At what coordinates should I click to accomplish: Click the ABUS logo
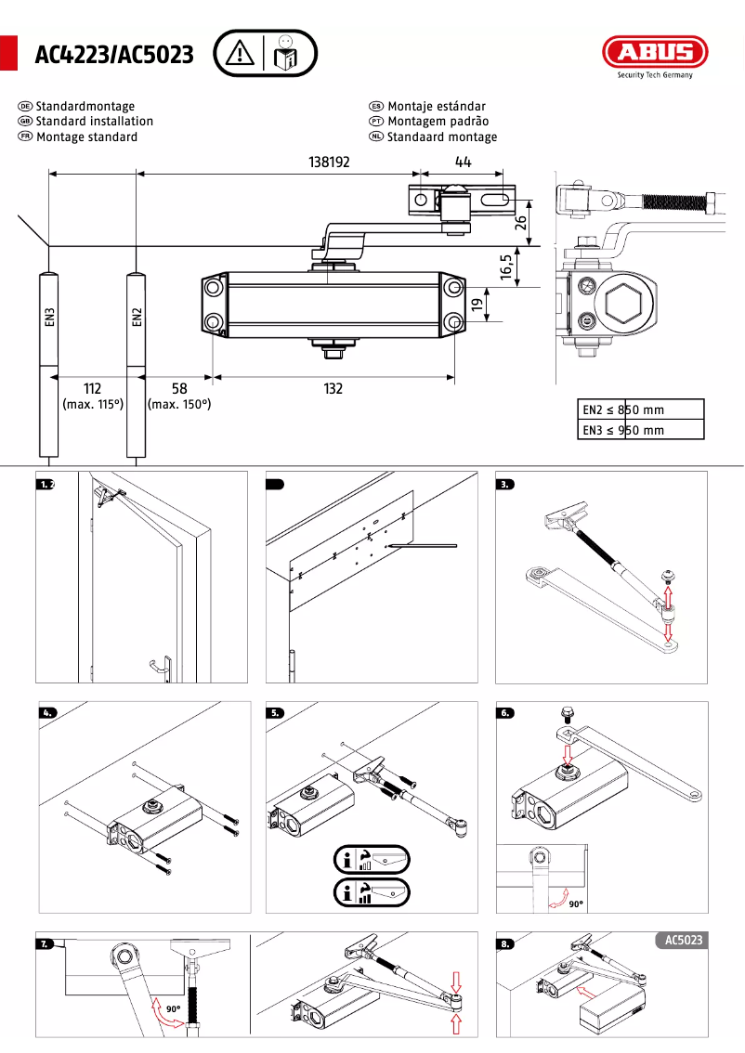(x=654, y=53)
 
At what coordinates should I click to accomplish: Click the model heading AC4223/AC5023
(x=114, y=56)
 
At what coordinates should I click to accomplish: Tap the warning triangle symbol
(x=240, y=53)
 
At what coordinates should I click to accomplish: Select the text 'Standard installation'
(x=95, y=122)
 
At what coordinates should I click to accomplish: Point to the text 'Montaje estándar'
(x=437, y=107)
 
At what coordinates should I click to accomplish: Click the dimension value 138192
(x=329, y=162)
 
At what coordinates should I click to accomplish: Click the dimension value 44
(x=463, y=162)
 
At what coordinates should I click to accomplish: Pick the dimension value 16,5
(x=506, y=266)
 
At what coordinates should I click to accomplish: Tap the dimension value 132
(x=333, y=389)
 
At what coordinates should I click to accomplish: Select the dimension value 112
(x=92, y=389)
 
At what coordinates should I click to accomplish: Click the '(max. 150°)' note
(x=179, y=405)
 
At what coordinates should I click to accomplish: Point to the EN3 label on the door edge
(x=49, y=318)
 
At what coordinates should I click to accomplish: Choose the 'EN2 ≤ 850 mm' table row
(x=641, y=409)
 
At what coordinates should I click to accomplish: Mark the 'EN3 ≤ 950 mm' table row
(x=641, y=430)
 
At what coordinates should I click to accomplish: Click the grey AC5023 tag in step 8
(x=684, y=941)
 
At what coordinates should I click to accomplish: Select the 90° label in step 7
(x=173, y=1008)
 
